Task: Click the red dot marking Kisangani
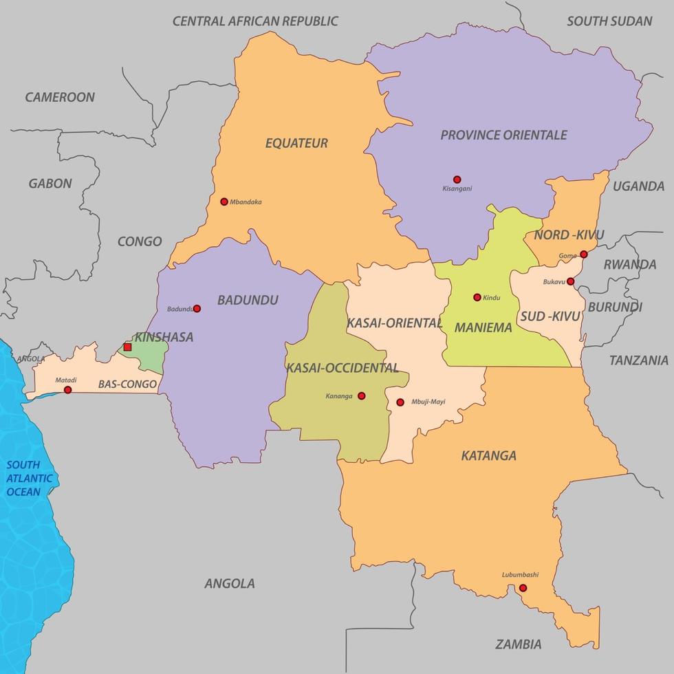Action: (x=457, y=179)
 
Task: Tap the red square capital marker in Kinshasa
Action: (x=127, y=347)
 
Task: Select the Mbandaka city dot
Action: (x=224, y=202)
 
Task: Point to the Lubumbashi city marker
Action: (x=523, y=588)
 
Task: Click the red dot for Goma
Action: (x=583, y=254)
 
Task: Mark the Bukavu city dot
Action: (x=570, y=281)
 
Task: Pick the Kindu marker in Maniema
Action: (x=477, y=297)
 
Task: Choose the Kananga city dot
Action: (x=361, y=395)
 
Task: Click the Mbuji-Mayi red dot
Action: (x=400, y=402)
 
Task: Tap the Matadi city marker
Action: (x=67, y=390)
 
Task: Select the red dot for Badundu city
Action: (x=197, y=309)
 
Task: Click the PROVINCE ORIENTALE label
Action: (x=503, y=135)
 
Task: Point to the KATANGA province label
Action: (x=488, y=455)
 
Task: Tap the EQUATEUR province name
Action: (x=296, y=143)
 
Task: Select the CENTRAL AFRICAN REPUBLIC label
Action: (x=255, y=21)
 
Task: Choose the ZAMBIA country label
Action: (x=518, y=644)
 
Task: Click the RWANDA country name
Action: (x=629, y=264)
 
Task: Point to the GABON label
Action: (x=50, y=184)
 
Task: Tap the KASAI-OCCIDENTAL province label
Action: (x=342, y=368)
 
